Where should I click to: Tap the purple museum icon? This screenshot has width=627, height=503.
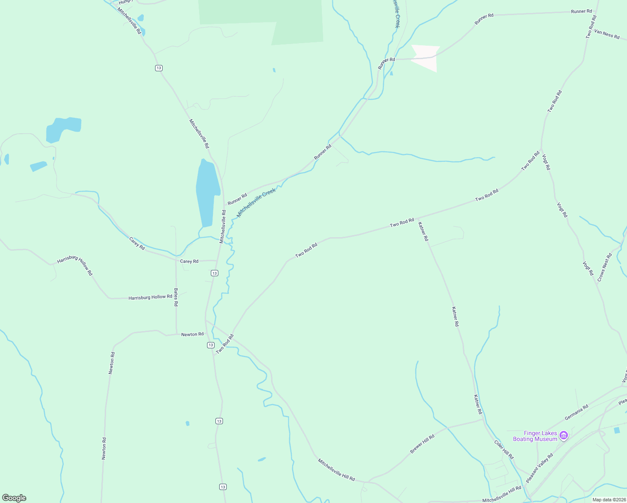(x=564, y=436)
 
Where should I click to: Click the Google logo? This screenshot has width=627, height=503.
(x=14, y=498)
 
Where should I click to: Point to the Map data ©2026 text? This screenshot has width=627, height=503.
(x=609, y=500)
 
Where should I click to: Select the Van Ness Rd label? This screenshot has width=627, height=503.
(x=607, y=34)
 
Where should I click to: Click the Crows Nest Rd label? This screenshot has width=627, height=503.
(x=604, y=267)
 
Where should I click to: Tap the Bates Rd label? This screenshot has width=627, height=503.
(x=176, y=297)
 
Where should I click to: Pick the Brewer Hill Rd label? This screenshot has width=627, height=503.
(x=422, y=443)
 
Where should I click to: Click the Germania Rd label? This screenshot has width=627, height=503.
(x=576, y=412)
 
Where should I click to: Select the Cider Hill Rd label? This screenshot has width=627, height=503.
(x=504, y=449)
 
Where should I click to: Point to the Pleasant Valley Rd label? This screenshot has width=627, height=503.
(x=539, y=467)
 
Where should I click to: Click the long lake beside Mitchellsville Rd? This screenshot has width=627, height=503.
(x=208, y=193)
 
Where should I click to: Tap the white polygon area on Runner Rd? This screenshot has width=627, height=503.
(x=427, y=57)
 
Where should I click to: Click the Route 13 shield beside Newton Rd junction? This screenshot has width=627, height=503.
(x=210, y=345)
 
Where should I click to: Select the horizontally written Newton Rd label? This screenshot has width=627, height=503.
(x=192, y=334)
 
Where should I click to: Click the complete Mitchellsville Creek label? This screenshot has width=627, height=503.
(x=256, y=202)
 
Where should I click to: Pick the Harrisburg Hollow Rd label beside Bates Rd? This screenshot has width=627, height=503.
(x=150, y=297)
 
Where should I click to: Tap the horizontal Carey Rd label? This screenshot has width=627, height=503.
(x=189, y=262)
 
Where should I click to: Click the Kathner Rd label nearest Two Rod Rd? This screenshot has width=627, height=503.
(x=423, y=231)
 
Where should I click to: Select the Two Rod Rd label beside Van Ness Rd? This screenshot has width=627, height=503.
(x=591, y=27)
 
